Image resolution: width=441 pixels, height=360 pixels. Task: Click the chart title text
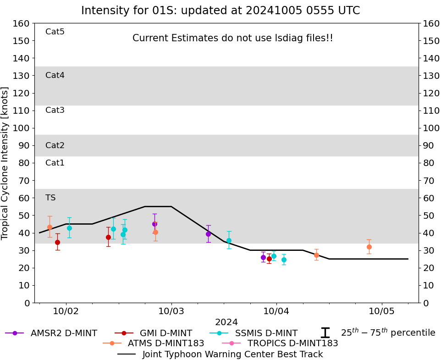coord(220,11)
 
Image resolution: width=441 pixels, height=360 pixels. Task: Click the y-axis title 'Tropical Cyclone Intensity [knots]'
coord(6,163)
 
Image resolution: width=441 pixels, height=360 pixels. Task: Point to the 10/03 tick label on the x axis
coord(171,311)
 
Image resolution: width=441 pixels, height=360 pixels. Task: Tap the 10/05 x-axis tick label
coord(382,311)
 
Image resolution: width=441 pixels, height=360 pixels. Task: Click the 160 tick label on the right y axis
coord(431,23)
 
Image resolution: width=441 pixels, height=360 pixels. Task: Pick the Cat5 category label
coord(55,32)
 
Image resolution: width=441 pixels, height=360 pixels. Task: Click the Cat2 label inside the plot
coord(55,145)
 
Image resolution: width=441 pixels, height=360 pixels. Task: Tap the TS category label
coord(50,198)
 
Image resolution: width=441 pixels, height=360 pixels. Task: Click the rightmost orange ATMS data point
coord(369,247)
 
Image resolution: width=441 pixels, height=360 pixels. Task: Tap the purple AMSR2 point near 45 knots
coord(154,224)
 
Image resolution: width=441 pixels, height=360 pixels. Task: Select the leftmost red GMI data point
coord(57,242)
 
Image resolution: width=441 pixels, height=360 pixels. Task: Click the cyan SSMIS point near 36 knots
coord(229,240)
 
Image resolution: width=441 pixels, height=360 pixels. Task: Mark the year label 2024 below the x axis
coord(226,322)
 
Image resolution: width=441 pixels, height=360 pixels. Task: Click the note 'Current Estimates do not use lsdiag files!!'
coord(233,39)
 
